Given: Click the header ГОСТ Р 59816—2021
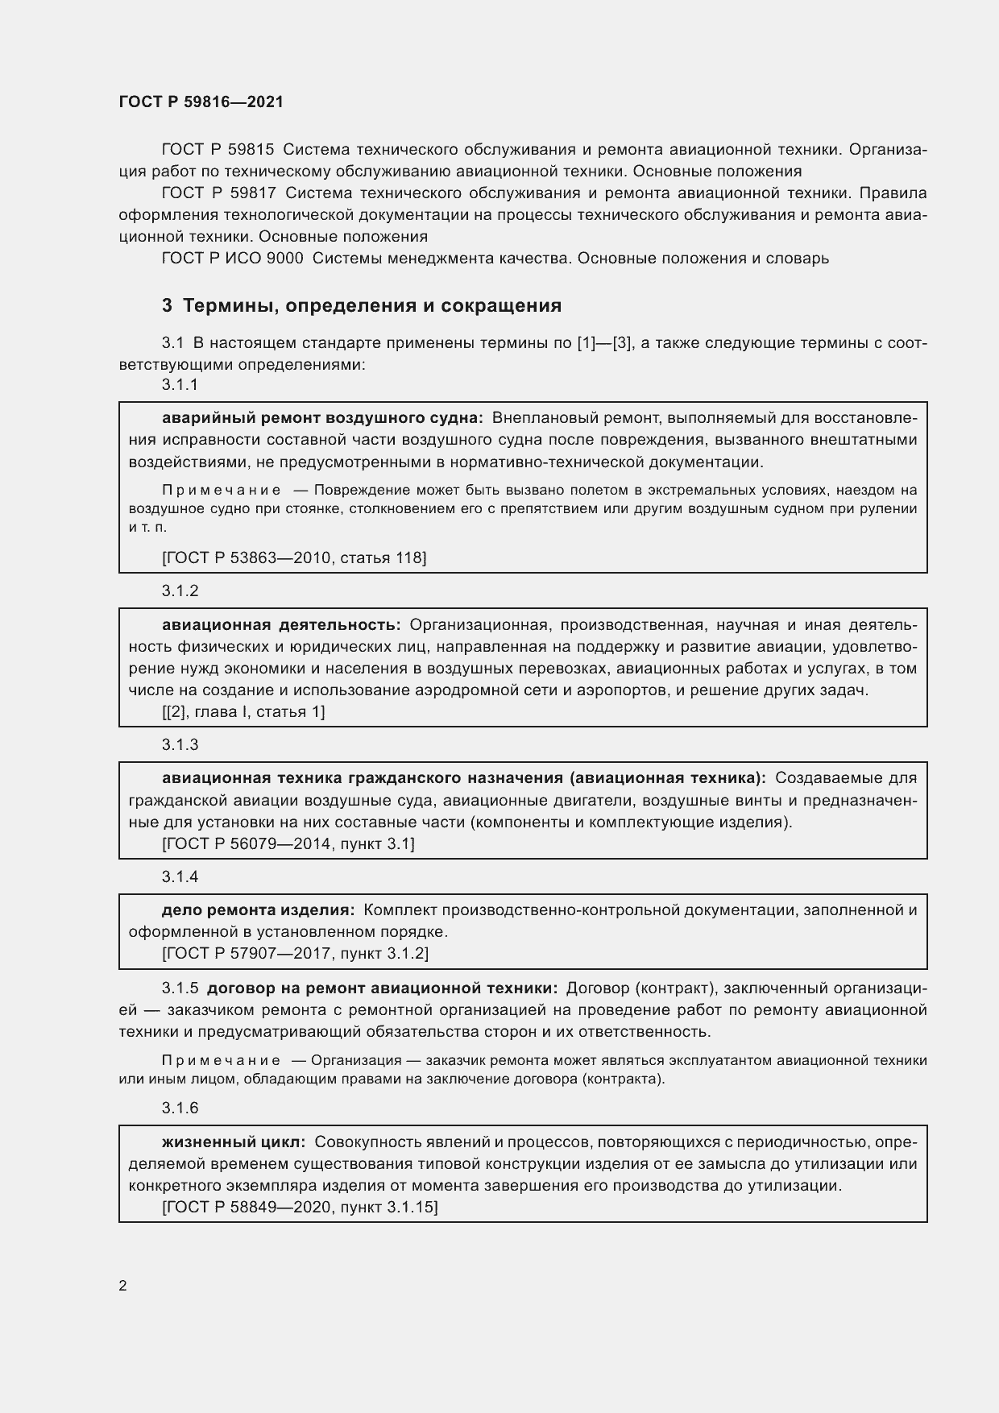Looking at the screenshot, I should point(201,102).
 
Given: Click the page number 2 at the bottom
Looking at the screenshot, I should point(122,1286).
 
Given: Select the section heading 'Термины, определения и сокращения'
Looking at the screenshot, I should point(371,305).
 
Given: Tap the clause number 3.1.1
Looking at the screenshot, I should point(180,384).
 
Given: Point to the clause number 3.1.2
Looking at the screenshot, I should point(180,590).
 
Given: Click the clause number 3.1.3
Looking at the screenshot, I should point(180,744).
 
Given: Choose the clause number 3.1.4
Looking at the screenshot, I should point(180,876).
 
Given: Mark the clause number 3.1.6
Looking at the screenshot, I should point(180,1108).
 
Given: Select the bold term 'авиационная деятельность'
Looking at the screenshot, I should point(281,624).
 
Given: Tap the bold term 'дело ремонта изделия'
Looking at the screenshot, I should point(258,910).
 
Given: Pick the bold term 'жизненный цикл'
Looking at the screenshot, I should point(233,1142).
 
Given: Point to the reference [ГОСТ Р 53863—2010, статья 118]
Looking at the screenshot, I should point(293,557).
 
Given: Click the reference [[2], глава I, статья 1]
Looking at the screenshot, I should point(243,711).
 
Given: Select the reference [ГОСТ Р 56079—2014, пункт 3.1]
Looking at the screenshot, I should point(288,843).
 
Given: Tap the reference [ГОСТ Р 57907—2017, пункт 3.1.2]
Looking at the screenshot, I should point(295,953).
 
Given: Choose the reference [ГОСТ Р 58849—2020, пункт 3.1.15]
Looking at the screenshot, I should point(300,1207).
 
